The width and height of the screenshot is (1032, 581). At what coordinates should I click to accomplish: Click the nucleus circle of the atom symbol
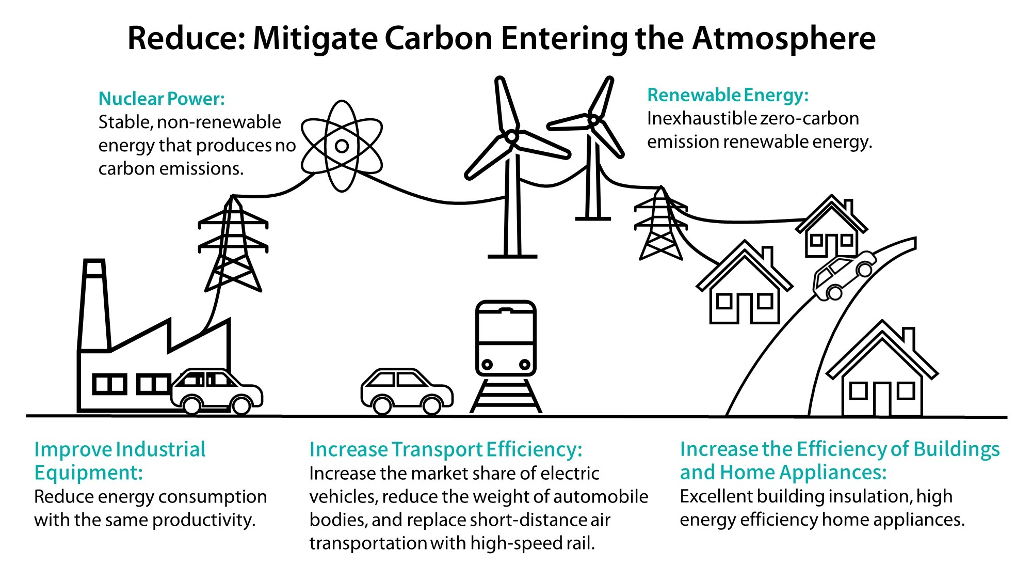pyautogui.click(x=342, y=146)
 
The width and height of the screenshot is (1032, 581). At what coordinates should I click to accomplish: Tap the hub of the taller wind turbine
pyautogui.click(x=511, y=136)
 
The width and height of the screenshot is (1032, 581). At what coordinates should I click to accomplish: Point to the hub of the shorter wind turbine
pyautogui.click(x=593, y=121)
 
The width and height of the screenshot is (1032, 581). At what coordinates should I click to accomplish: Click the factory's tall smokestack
pyautogui.click(x=94, y=305)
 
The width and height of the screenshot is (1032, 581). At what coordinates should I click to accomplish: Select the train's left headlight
pyautogui.click(x=487, y=365)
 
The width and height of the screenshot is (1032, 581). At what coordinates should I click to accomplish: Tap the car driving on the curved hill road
pyautogui.click(x=843, y=276)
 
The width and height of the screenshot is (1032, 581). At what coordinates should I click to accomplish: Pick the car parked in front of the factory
pyautogui.click(x=217, y=391)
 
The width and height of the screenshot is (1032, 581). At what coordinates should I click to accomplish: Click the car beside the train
pyautogui.click(x=407, y=391)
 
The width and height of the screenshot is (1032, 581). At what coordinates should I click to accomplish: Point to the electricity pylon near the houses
pyautogui.click(x=660, y=225)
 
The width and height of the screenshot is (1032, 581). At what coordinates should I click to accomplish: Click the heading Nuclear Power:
pyautogui.click(x=162, y=99)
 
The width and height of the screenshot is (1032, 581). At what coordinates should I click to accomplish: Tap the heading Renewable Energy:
pyautogui.click(x=728, y=96)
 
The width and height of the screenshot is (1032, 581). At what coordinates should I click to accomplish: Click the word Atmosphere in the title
pyautogui.click(x=784, y=38)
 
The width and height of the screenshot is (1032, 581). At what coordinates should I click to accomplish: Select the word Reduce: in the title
pyautogui.click(x=186, y=38)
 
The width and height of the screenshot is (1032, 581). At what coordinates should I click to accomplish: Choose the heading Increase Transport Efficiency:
pyautogui.click(x=446, y=449)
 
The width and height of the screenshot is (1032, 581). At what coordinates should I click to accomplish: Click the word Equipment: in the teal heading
pyautogui.click(x=88, y=473)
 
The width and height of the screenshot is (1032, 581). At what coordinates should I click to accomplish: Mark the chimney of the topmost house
pyautogui.click(x=848, y=208)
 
